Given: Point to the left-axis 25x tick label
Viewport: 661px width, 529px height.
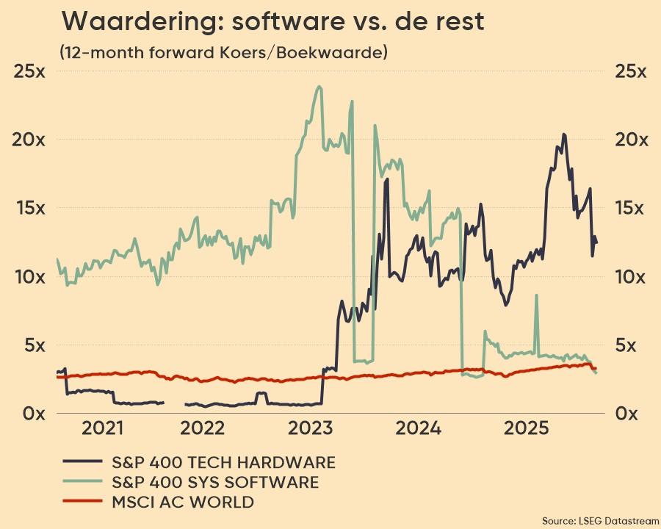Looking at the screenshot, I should click(29, 71).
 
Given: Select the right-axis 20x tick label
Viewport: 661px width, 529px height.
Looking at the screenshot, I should click(632, 140).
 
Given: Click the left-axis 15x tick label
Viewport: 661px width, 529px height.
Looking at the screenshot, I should click(29, 208).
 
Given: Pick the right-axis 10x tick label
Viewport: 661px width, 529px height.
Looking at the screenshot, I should click(632, 277).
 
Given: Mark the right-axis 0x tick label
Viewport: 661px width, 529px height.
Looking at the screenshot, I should click(632, 413).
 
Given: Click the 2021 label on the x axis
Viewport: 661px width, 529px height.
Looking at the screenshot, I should click(104, 428).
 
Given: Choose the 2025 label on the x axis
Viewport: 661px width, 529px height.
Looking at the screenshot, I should click(530, 428).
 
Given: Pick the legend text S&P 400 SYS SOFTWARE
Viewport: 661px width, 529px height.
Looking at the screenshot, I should click(215, 482).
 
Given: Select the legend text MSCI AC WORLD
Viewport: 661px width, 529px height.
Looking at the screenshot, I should click(182, 503).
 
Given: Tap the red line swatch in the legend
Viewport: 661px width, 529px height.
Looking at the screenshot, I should click(83, 503).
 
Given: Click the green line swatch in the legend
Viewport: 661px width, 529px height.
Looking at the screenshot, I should click(83, 482).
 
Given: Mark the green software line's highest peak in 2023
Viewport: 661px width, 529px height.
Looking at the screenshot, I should click(319, 87).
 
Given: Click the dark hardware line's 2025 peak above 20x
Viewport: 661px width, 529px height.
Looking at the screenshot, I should click(563, 134).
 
